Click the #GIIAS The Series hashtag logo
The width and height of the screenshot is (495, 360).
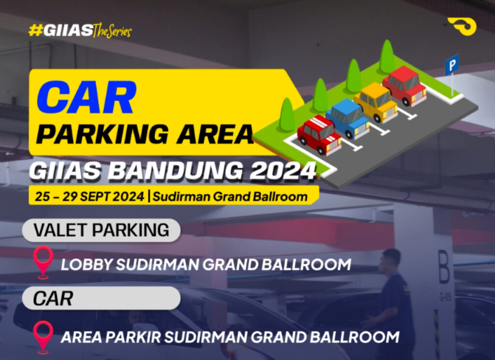click(x=80, y=30)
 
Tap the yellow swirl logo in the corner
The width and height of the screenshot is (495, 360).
click(x=462, y=27)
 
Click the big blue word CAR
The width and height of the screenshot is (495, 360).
click(x=86, y=97)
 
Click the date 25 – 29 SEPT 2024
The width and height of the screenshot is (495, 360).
click(x=89, y=196)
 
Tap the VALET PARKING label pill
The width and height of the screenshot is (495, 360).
click(x=102, y=230)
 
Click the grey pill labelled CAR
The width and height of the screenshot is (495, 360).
click(x=102, y=298)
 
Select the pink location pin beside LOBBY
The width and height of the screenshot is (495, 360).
click(x=43, y=262)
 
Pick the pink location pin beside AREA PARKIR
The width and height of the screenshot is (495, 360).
click(x=43, y=337)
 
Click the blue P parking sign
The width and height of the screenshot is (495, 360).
click(x=452, y=65)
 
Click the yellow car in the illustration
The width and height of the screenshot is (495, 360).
click(x=376, y=102)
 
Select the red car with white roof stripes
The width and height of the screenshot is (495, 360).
click(x=319, y=135)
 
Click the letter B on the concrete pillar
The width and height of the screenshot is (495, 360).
click(x=444, y=267)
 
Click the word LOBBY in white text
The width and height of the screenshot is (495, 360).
click(x=87, y=264)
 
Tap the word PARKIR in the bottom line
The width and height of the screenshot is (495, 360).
click(x=133, y=337)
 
